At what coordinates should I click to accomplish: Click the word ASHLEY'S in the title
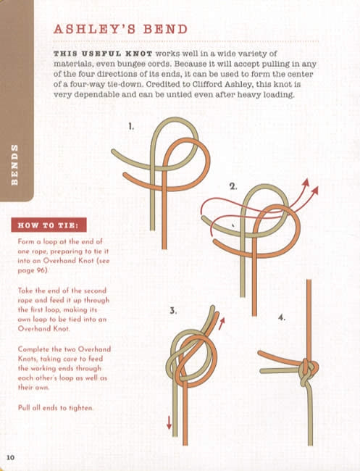coord(95,29)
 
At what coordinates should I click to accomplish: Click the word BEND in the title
coord(165,29)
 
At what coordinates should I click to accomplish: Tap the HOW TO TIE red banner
coord(49,225)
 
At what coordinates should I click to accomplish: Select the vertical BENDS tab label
coord(14,164)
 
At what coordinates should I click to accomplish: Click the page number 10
coord(11,457)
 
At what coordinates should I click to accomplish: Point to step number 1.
coord(131,127)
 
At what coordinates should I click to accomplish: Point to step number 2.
coord(233,186)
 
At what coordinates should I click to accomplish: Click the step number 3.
coord(172,311)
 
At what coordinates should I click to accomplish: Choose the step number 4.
coord(281,317)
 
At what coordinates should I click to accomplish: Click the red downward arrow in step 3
coord(169,422)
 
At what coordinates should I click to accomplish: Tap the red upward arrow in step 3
coord(222,323)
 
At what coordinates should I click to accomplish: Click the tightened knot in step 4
coord(309,371)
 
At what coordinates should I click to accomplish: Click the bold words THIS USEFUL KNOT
coord(103,54)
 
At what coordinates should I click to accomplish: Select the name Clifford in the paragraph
coord(208,84)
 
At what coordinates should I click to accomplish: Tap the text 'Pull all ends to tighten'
coord(56,408)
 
